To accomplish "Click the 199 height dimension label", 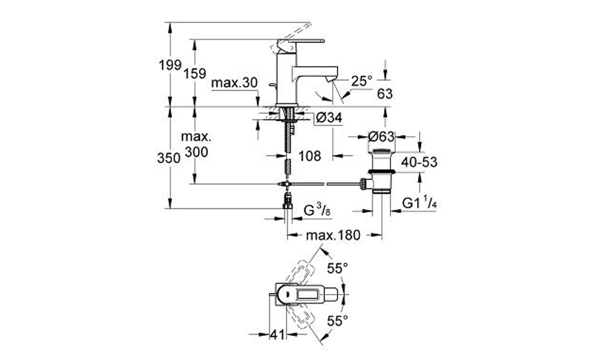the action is tap(170, 65).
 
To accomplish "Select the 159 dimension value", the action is tap(195, 73).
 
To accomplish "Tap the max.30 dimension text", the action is tap(234, 83).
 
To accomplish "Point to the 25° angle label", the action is tap(362, 80).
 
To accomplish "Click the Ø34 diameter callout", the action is tap(329, 117).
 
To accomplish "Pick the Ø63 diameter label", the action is tap(381, 137).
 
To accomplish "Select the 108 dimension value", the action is tap(310, 156).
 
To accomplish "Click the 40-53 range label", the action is tap(419, 162).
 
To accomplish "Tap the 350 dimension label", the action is tap(168, 158).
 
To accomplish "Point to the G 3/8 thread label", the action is tap(317, 211).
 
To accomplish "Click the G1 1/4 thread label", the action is tap(419, 203).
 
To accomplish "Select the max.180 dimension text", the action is tap(333, 235).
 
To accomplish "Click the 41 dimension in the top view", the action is tap(277, 334).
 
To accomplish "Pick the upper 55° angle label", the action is tap(338, 268).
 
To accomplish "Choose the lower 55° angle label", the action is tap(338, 321).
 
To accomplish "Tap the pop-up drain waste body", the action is tap(381, 170).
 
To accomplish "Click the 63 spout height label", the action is tap(385, 94).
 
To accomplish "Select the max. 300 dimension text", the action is tap(196, 145).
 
